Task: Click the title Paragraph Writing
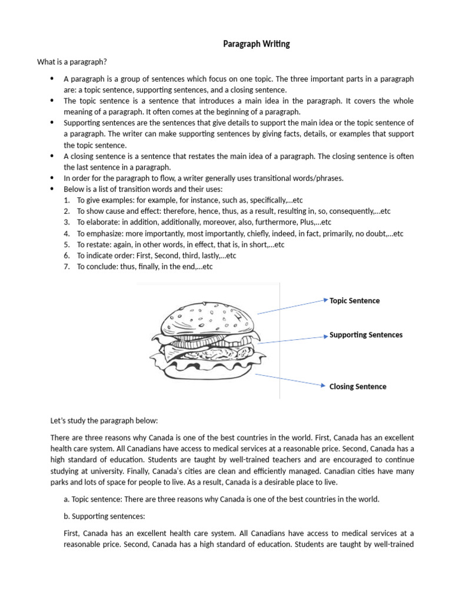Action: [256, 44]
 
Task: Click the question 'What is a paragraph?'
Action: [72, 62]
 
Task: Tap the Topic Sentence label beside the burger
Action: [354, 300]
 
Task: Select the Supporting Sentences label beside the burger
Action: [365, 334]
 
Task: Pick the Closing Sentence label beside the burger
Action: [358, 386]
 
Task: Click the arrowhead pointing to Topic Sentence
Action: [325, 300]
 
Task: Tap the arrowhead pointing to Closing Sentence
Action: [323, 386]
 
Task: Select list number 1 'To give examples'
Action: [103, 200]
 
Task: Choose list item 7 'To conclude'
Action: [98, 266]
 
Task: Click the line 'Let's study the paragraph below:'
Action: [104, 421]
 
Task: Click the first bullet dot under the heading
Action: [52, 79]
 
